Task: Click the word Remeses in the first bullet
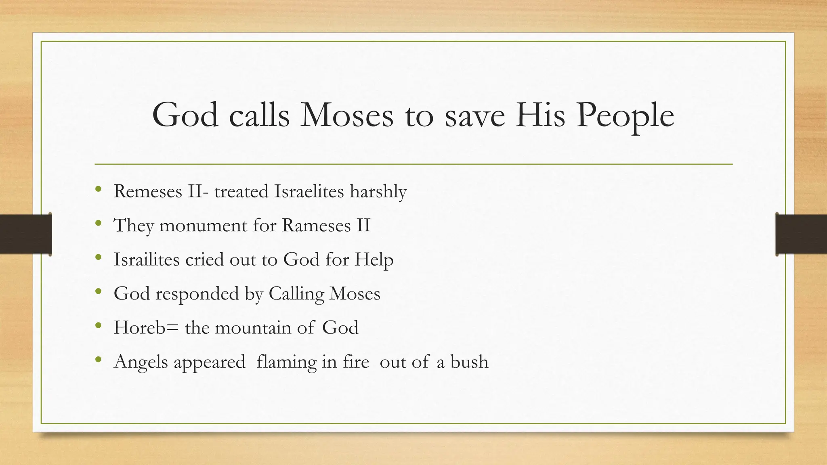148,191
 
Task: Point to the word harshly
378,191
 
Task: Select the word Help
374,259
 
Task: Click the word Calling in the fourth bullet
296,293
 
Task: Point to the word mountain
253,327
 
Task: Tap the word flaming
286,362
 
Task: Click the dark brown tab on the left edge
25,234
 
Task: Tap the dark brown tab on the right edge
801,234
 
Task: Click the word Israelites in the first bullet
309,191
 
